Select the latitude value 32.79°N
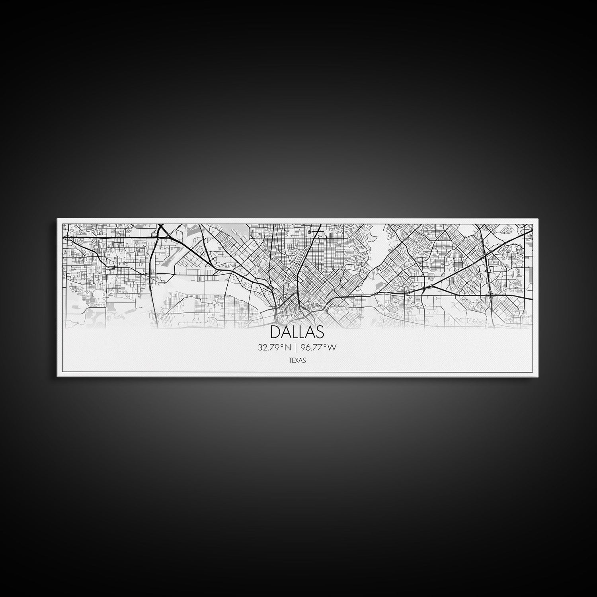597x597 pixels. point(274,347)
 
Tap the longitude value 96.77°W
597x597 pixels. point(319,347)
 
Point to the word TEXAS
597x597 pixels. point(297,361)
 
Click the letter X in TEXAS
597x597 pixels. point(297,361)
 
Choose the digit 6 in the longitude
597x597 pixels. point(309,347)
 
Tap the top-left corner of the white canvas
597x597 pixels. point(58,219)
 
